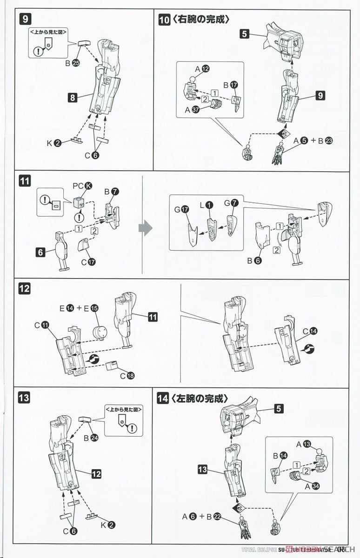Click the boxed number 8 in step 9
point(72,98)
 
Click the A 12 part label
point(202,69)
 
